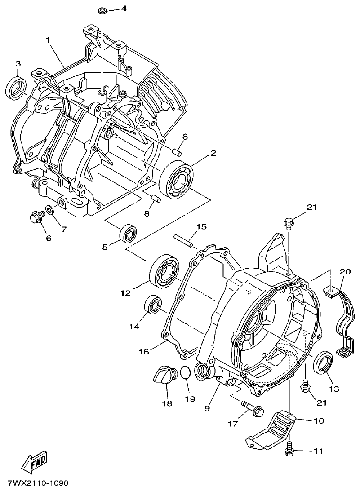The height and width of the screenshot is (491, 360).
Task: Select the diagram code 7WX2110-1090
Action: [38, 483]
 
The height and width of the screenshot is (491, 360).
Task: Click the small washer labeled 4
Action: [102, 10]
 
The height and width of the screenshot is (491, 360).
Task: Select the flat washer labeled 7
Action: [49, 210]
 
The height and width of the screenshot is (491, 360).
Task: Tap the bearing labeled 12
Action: [164, 271]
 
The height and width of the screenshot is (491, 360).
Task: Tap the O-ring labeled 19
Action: [185, 372]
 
